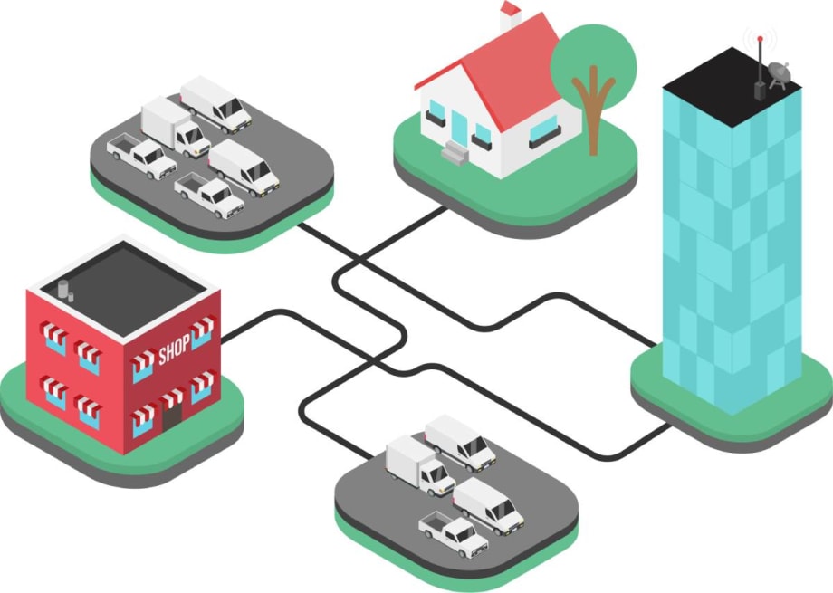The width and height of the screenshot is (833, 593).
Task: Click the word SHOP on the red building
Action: coord(174,349)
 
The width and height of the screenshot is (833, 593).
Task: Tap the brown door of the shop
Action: coord(172,416)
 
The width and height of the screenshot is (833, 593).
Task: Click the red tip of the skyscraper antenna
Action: coord(761,38)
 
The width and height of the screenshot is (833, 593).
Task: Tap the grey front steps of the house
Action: coord(455,152)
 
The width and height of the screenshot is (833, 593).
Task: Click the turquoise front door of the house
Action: coord(459,128)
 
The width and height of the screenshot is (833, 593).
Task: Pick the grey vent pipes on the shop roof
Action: coord(66,290)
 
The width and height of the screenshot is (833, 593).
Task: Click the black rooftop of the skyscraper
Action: coord(732,87)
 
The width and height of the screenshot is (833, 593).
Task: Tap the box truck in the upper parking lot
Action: coord(176,127)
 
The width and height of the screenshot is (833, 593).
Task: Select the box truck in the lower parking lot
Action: coord(420,465)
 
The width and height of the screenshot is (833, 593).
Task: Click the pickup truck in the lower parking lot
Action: coord(453,533)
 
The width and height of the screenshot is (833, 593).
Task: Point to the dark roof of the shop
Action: coord(123,289)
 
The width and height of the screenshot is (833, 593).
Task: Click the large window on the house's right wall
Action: coord(545,129)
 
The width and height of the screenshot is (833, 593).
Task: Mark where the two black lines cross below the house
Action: coord(359,261)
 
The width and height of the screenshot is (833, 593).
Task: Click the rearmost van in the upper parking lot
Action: coord(215,104)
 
